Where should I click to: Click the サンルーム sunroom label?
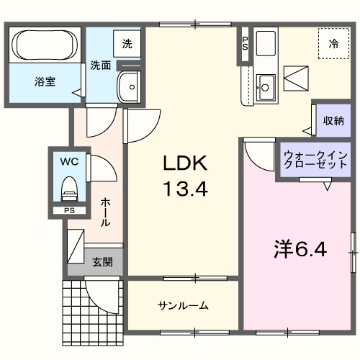pos(183,306)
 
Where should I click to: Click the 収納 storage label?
pos(333,120)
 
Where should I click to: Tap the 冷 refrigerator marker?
pos(333,45)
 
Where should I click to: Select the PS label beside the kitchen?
pos(245,43)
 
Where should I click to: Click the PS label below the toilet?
pos(70,210)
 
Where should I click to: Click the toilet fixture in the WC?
pos(69,189)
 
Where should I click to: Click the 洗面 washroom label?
pos(100,66)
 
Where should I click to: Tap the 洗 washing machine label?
pos(127,44)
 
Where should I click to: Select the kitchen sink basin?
pos(264,86)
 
